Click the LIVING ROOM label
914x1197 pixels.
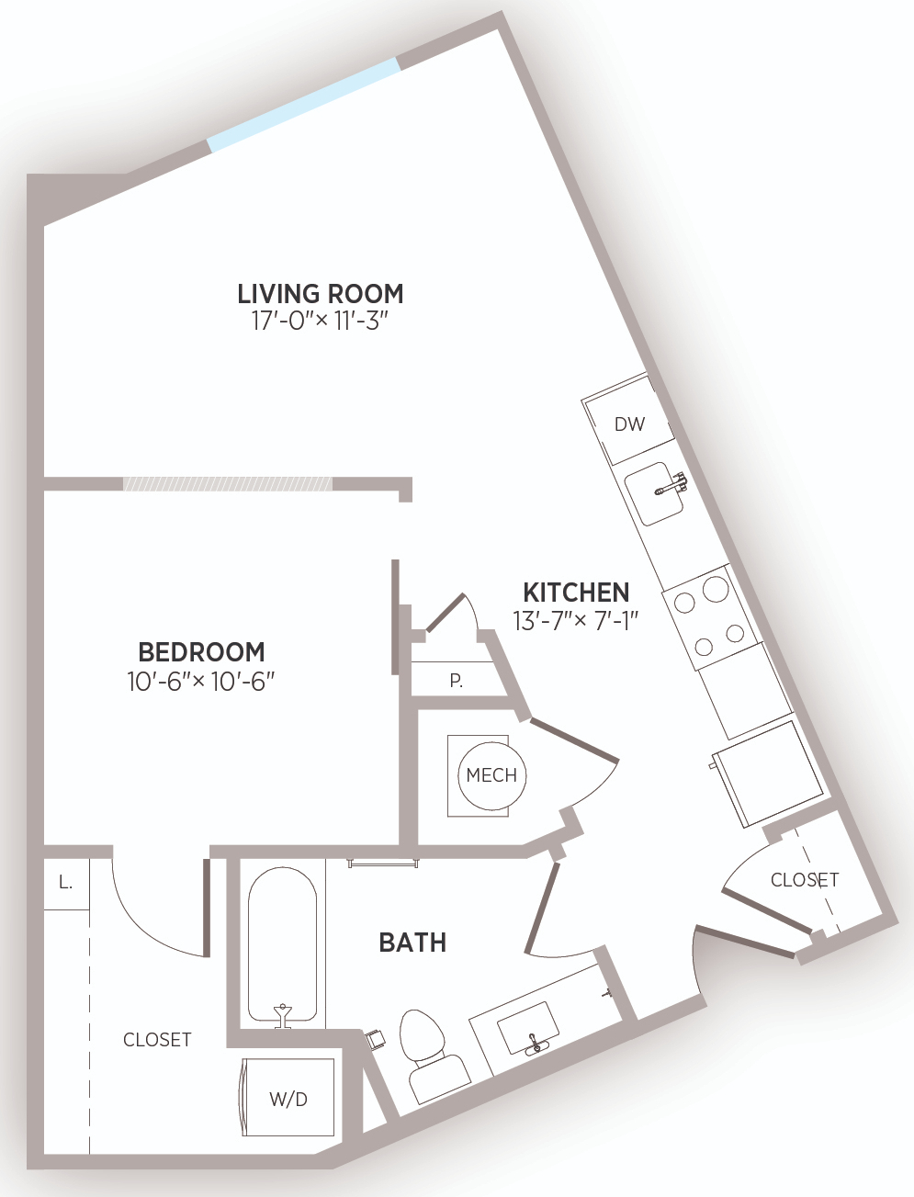[x=320, y=294]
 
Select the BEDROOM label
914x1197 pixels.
[x=201, y=652]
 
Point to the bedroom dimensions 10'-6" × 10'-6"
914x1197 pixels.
[x=200, y=681]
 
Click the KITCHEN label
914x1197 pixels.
[x=576, y=593]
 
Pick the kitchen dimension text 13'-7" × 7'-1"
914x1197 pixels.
[x=576, y=620]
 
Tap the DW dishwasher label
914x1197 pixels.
[x=630, y=424]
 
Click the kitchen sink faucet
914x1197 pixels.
[x=671, y=485]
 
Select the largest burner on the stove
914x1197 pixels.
[x=716, y=589]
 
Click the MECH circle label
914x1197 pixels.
[x=491, y=775]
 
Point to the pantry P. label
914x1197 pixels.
[x=457, y=681]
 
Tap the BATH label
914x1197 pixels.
[x=412, y=943]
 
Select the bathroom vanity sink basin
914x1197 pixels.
[x=528, y=1029]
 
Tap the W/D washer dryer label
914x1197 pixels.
[x=288, y=1100]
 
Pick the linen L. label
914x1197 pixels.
[x=65, y=882]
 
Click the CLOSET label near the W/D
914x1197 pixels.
[x=157, y=1040]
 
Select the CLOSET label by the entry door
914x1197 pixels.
[x=805, y=880]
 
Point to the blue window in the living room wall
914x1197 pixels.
[x=304, y=105]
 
